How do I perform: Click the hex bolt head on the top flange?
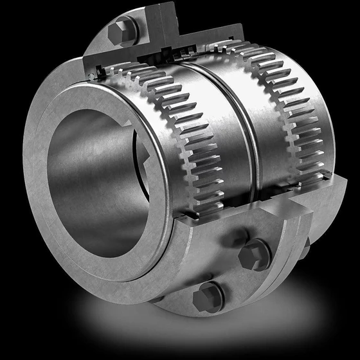(x=122, y=32)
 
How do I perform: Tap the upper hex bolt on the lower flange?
(x=255, y=256)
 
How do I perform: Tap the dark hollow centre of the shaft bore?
(x=96, y=186)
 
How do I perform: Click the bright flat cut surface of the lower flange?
(x=257, y=212)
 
